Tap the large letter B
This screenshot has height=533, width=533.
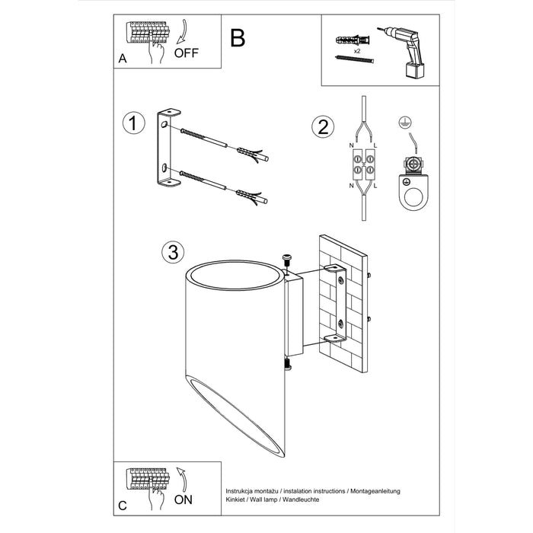tap(238, 38)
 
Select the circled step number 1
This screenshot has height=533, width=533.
tap(134, 123)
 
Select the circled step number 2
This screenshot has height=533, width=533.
tap(323, 127)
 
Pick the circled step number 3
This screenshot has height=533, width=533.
tap(173, 251)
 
